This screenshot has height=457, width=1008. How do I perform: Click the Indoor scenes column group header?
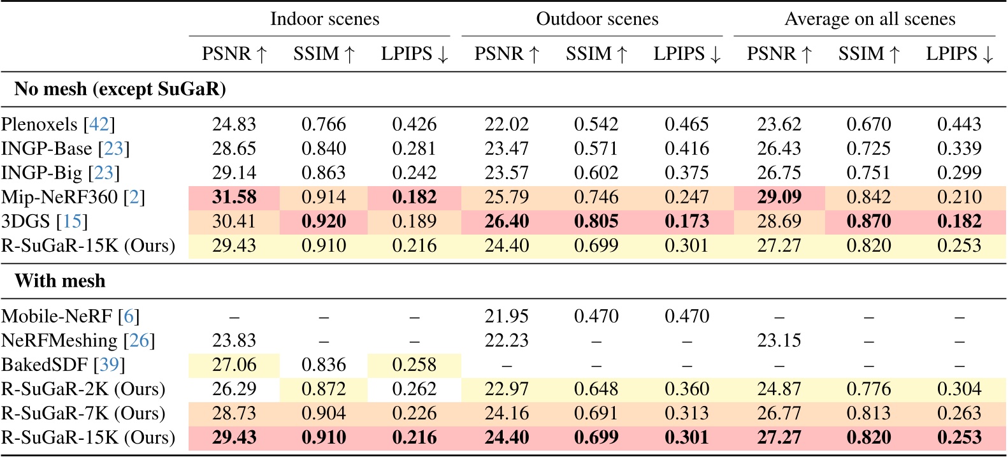pos(324,19)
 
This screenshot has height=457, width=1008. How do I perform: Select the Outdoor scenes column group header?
pos(597,19)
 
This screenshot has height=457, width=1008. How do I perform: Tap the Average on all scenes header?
pos(870,19)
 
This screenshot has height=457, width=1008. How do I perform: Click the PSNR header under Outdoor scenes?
pos(507,54)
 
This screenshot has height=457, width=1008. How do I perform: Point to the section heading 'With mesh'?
pos(60,281)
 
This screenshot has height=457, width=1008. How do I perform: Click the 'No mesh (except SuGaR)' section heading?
pos(120,89)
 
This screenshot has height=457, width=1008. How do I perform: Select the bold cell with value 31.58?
pos(234,197)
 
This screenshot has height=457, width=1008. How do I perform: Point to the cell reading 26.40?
pos(507,221)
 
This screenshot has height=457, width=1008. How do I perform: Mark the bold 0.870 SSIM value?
pos(868,221)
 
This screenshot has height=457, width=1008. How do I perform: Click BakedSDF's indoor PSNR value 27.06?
pos(234,365)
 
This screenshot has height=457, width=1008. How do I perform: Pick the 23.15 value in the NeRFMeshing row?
pos(779,340)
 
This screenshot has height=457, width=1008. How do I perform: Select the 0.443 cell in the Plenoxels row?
pos(959,124)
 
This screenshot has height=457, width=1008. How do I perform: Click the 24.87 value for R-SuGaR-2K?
pos(779,389)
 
